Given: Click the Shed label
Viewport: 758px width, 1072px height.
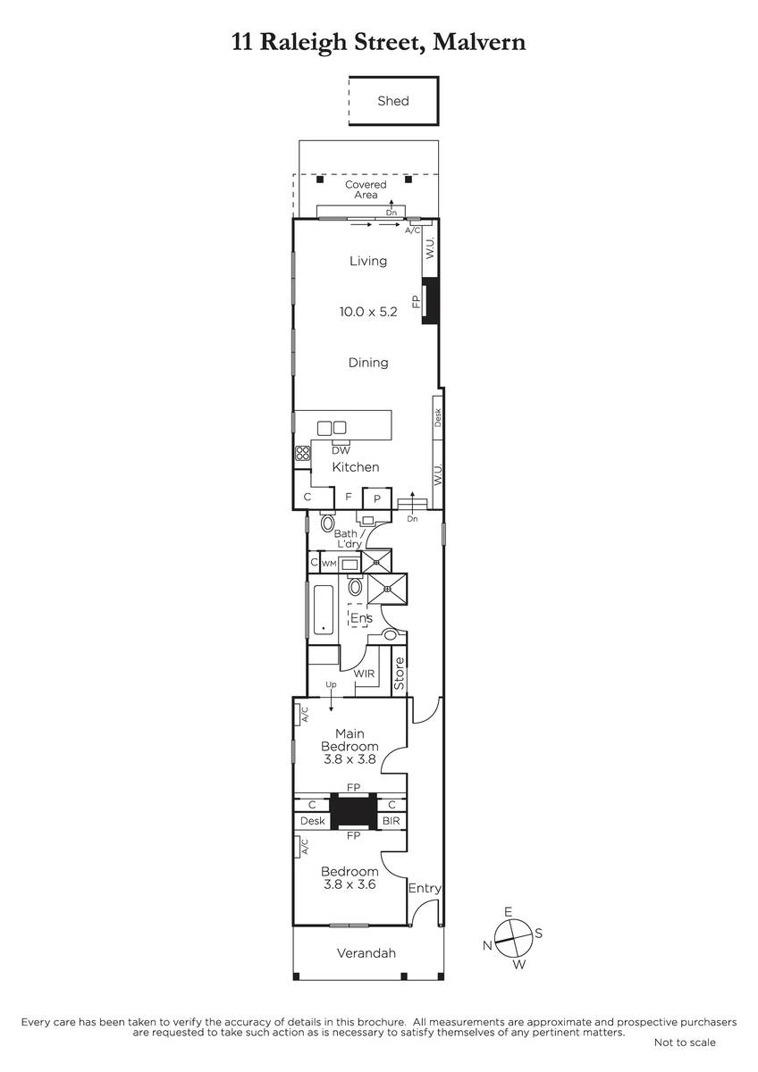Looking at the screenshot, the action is click(393, 101).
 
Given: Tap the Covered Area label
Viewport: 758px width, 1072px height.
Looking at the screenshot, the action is click(366, 189).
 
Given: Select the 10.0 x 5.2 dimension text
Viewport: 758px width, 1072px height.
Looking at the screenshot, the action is click(368, 312).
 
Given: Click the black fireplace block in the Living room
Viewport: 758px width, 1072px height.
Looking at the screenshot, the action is click(430, 300).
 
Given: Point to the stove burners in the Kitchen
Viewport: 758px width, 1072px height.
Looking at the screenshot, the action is click(303, 453).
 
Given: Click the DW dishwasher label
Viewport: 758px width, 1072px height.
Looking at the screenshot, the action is click(341, 450).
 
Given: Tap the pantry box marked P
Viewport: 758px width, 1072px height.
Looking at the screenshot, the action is click(377, 498).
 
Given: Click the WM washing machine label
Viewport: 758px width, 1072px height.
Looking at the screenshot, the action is click(328, 564).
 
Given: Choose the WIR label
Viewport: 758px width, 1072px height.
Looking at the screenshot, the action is click(364, 674).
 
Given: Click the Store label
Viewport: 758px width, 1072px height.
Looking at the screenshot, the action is click(400, 674).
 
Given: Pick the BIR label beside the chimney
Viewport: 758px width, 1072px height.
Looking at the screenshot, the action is click(391, 821).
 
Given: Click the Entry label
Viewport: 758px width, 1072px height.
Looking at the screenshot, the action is click(425, 889).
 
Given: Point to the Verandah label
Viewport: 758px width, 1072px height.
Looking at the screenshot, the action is click(366, 953).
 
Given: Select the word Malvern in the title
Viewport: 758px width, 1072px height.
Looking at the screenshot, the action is click(479, 42).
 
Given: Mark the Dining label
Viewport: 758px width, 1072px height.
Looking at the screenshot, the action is click(368, 363).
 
